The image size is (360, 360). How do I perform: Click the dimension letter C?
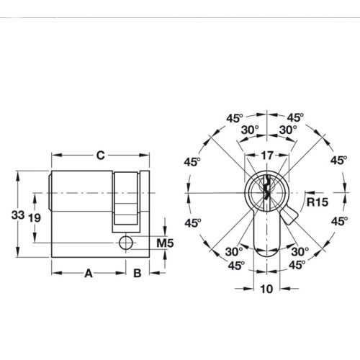[101, 154]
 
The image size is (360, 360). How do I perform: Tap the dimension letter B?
[137, 273]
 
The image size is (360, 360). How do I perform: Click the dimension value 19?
[33, 218]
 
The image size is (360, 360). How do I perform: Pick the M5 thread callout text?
[165, 243]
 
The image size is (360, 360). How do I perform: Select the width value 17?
[266, 154]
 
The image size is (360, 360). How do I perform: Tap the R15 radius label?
[317, 202]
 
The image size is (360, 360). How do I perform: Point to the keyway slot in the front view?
[266, 191]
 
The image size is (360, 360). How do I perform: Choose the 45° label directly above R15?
[338, 161]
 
